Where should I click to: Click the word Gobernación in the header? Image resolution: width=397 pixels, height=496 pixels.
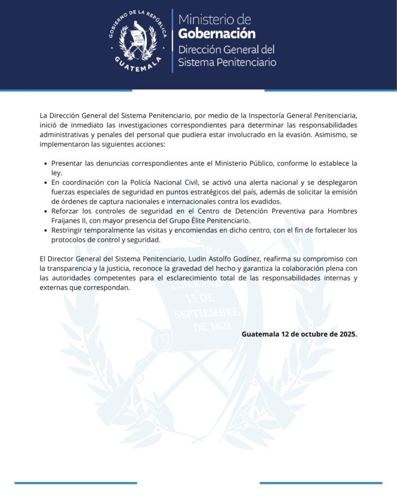tap(217, 33)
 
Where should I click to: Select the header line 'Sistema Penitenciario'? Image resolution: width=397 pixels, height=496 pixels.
tap(227, 62)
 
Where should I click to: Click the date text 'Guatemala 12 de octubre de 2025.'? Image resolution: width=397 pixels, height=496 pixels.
tap(299, 334)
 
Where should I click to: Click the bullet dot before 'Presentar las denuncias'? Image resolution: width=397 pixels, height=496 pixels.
tap(46, 164)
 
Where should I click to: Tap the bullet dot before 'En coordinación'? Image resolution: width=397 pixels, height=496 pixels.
tap(46, 183)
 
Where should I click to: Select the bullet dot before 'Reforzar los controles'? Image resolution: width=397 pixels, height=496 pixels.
tap(46, 212)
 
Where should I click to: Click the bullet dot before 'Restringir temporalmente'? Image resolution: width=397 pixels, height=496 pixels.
tap(46, 231)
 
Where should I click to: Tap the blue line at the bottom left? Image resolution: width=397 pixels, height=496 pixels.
tap(76, 482)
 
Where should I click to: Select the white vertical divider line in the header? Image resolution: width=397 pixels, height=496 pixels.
tap(173, 41)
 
